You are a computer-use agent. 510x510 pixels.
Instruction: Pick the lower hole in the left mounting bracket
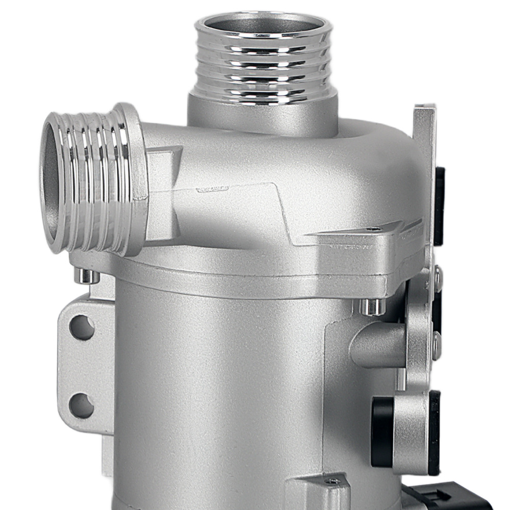(82, 405)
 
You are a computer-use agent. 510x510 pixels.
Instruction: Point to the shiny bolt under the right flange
(372, 307)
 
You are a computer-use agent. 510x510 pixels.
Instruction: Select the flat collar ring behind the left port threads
(134, 178)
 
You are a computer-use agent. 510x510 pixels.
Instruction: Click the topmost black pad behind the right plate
(439, 204)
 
